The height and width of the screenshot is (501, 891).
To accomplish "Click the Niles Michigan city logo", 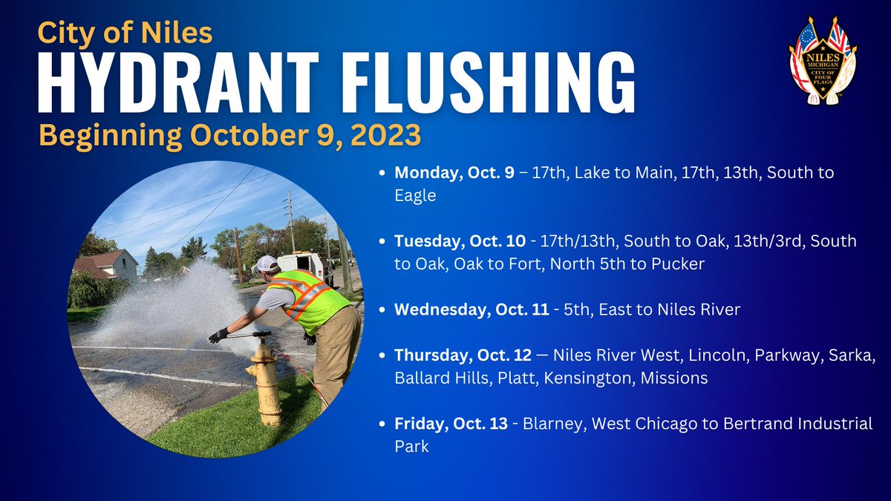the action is (x=823, y=60).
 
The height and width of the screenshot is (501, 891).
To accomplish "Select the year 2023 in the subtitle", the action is (x=385, y=135).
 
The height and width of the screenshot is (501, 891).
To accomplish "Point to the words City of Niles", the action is (x=125, y=33).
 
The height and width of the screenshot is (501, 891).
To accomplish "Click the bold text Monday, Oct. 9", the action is (x=454, y=172).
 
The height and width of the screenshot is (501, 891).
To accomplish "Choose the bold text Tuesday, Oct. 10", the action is (x=460, y=241).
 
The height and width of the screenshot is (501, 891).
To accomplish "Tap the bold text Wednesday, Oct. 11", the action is (x=471, y=310).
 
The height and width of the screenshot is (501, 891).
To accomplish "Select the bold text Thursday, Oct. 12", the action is (x=463, y=355).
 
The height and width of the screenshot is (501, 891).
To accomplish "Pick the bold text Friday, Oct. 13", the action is (x=451, y=424).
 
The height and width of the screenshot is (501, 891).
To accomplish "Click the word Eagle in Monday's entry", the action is (x=415, y=196).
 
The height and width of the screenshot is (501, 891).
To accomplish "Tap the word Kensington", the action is (x=588, y=378).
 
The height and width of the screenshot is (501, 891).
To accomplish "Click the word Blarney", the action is (x=555, y=424).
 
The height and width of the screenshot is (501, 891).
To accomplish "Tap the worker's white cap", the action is (x=266, y=263).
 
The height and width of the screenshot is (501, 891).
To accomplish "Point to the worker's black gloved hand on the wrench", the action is (x=218, y=335).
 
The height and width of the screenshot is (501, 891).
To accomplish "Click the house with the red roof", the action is (x=107, y=264).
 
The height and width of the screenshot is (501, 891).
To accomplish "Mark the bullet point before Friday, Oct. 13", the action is (x=382, y=424).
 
